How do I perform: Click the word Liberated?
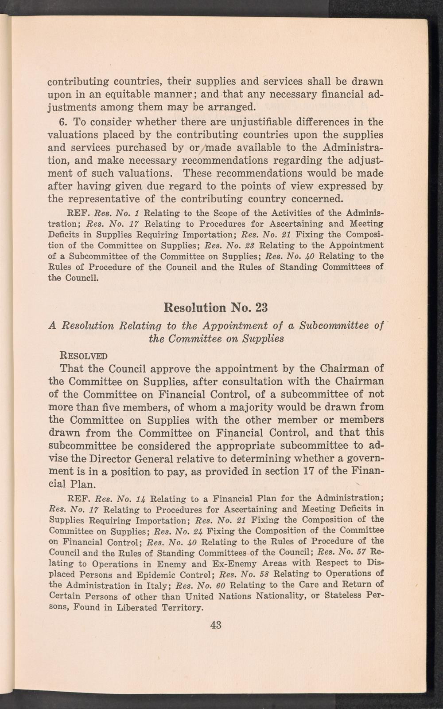pyautogui.click(x=133, y=607)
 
